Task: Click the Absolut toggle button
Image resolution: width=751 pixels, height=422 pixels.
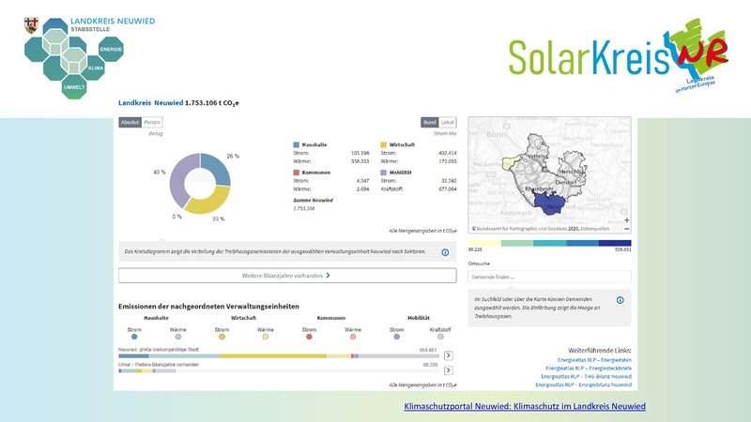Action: (130, 122)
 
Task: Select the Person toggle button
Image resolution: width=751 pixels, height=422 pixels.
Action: (152, 122)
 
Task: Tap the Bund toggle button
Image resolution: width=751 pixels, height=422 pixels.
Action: (429, 122)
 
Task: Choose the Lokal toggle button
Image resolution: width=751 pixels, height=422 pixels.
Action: (448, 122)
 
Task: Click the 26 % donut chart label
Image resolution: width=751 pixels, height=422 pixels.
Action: (233, 156)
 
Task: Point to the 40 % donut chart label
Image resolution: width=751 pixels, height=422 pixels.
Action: (160, 173)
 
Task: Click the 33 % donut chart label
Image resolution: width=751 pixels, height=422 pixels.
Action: (218, 219)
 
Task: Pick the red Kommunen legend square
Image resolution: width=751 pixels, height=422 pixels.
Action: (297, 173)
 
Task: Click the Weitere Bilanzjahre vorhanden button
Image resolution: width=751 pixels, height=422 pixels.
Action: (287, 277)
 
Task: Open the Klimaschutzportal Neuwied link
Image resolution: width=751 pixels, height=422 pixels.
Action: (525, 406)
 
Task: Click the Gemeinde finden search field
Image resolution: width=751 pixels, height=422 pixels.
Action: (549, 277)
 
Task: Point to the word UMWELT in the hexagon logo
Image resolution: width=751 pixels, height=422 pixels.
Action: (74, 86)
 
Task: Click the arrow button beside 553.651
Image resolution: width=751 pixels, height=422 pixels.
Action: (449, 355)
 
